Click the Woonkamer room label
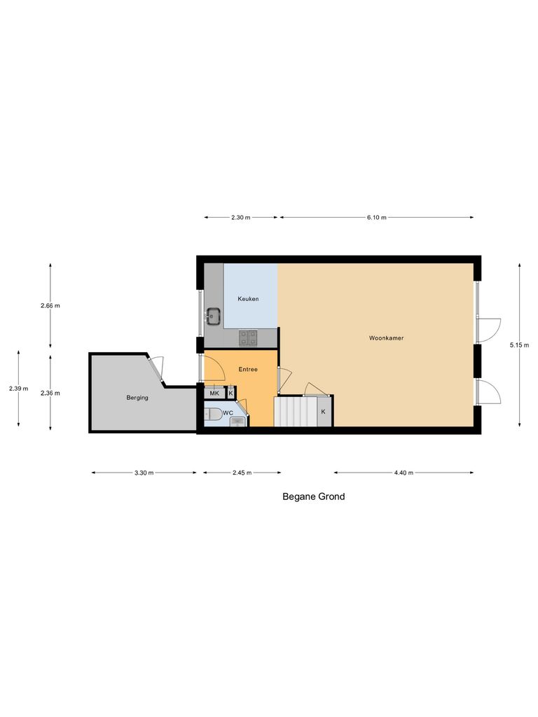click(386, 338)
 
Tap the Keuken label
click(248, 299)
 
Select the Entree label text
click(248, 369)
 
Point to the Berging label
click(137, 398)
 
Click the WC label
click(228, 413)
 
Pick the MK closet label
click(214, 394)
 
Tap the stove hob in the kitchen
click(248, 338)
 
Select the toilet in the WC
click(212, 414)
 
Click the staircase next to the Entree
click(295, 411)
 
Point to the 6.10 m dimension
click(376, 218)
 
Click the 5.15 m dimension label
click(520, 344)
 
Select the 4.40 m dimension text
click(403, 473)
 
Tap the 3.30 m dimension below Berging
click(144, 473)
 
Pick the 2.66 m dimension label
click(50, 305)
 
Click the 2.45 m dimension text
click(242, 473)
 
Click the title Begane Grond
click(313, 496)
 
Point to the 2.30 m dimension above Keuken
click(241, 218)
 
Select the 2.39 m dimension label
click(18, 389)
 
